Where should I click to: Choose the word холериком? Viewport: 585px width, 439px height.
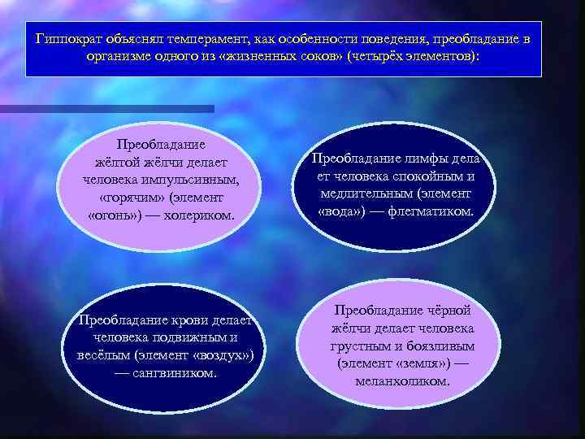(x=198, y=215)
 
